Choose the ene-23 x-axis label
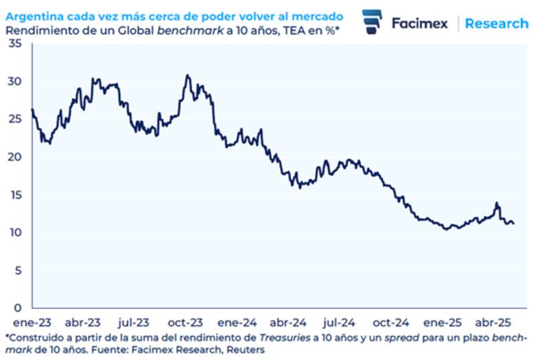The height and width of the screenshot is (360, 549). (30, 321)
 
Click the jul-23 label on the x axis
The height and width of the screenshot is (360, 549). (134, 321)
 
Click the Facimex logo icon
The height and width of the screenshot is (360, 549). (372, 23)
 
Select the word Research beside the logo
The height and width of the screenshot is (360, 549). (497, 23)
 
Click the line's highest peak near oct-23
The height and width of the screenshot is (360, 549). (187, 75)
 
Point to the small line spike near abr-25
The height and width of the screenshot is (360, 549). (496, 203)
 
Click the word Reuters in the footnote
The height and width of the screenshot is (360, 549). (245, 349)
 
